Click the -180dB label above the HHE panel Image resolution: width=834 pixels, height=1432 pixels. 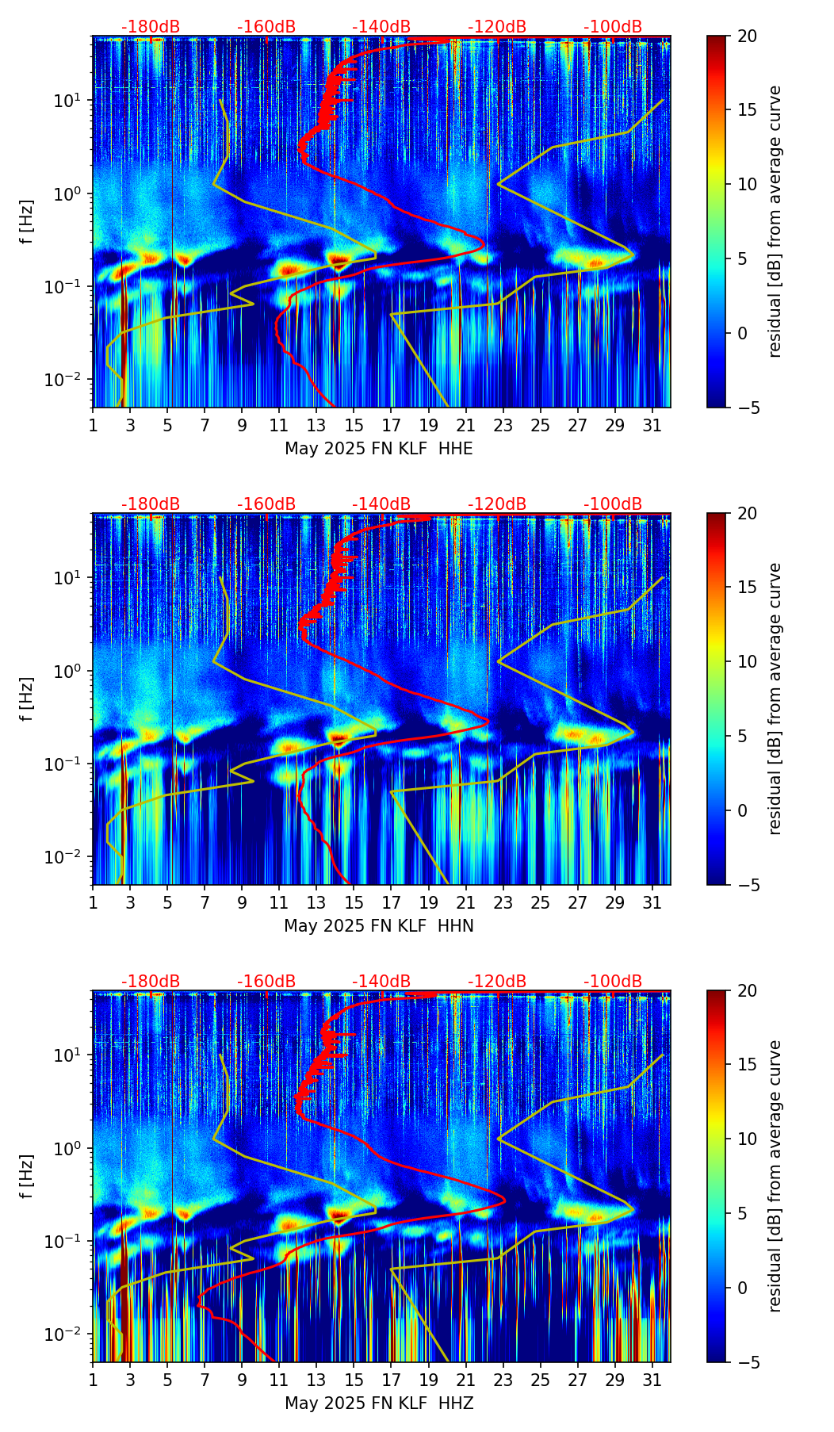[151, 27]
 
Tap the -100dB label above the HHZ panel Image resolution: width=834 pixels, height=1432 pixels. [613, 982]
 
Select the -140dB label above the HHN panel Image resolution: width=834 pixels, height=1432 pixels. [381, 504]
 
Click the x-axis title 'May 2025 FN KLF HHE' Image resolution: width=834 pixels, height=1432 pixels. [379, 449]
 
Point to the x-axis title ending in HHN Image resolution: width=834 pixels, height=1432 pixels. [379, 926]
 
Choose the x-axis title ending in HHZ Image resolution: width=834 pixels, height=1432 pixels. [379, 1403]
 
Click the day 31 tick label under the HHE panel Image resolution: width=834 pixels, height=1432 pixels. [652, 426]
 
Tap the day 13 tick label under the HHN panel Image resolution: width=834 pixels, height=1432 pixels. [316, 903]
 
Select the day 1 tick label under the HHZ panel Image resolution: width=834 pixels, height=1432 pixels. [94, 1380]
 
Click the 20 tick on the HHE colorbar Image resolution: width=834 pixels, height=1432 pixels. [747, 36]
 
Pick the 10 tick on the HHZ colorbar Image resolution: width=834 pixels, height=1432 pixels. [747, 1139]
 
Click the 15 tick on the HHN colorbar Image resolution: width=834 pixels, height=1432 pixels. [747, 588]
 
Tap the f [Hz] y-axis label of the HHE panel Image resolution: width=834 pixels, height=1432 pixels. [28, 222]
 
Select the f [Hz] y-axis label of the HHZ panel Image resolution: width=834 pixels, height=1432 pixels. [28, 1177]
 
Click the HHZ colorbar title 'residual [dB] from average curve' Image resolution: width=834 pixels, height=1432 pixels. [775, 1176]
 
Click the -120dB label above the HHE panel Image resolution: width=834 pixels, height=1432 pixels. [497, 27]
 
